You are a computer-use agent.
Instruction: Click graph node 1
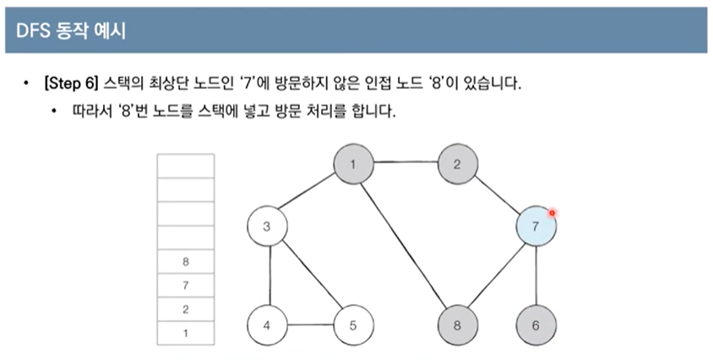pyautogui.click(x=353, y=164)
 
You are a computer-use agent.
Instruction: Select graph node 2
pyautogui.click(x=457, y=164)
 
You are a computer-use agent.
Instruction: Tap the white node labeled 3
pyautogui.click(x=267, y=226)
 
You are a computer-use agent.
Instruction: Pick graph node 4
pyautogui.click(x=267, y=325)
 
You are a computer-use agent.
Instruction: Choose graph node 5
pyautogui.click(x=353, y=325)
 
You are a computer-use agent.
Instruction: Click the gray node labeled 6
pyautogui.click(x=537, y=325)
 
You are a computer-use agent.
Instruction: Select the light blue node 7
pyautogui.click(x=537, y=226)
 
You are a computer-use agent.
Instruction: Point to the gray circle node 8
pyautogui.click(x=457, y=325)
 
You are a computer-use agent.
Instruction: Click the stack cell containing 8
pyautogui.click(x=186, y=262)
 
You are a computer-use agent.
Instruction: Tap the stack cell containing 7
pyautogui.click(x=186, y=286)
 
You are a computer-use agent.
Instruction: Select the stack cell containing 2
pyautogui.click(x=186, y=309)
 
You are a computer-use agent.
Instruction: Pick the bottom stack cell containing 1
pyautogui.click(x=186, y=333)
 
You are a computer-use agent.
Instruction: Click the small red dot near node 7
pyautogui.click(x=552, y=212)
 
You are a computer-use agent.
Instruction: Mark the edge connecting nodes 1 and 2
pyautogui.click(x=405, y=164)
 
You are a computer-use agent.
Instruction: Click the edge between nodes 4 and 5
pyautogui.click(x=310, y=325)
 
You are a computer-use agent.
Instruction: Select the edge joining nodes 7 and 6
pyautogui.click(x=537, y=276)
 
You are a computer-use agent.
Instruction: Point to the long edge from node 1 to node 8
pyautogui.click(x=405, y=245)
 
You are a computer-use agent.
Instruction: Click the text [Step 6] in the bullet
pyautogui.click(x=72, y=85)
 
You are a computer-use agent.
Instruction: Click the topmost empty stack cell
pyautogui.click(x=186, y=166)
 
